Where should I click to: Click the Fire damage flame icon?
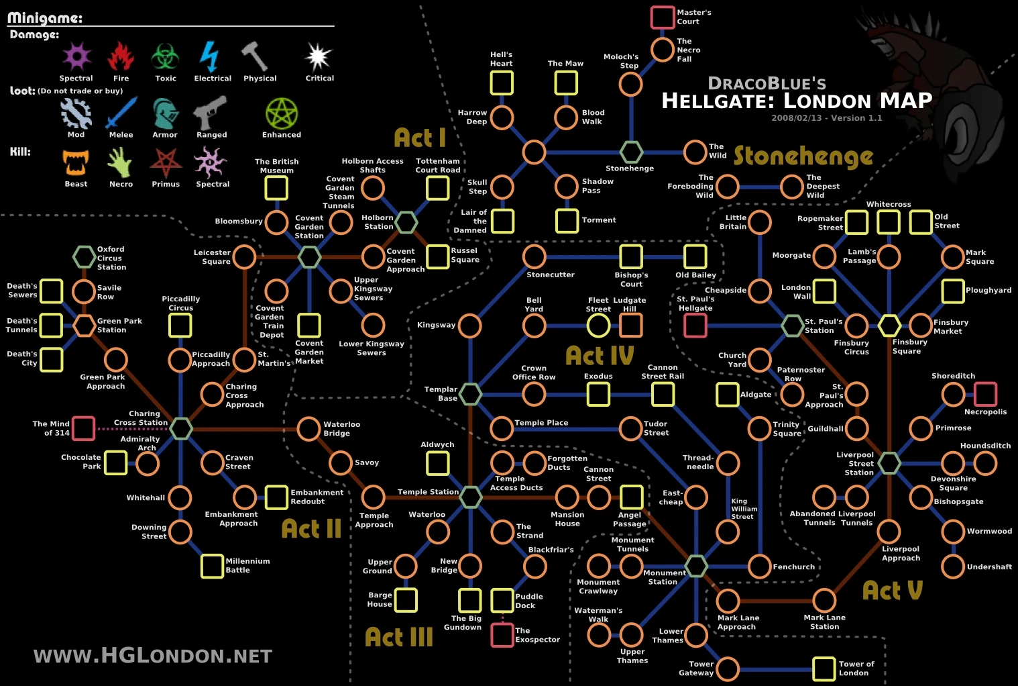[121, 56]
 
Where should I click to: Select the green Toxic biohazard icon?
[165, 56]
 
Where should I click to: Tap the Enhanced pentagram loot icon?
[282, 113]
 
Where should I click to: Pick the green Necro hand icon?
[121, 162]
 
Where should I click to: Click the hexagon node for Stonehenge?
[631, 152]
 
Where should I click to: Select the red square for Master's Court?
[663, 17]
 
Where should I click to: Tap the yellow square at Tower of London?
[824, 669]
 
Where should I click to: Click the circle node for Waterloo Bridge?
[308, 428]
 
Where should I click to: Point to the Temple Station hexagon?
[470, 497]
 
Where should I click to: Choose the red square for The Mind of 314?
[83, 428]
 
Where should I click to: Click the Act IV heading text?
[600, 355]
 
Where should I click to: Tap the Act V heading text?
[892, 591]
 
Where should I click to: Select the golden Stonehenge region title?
[803, 156]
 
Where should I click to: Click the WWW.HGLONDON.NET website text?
[153, 656]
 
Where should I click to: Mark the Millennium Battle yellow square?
[212, 566]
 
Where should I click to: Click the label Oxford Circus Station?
[111, 258]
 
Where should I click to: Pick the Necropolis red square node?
[985, 394]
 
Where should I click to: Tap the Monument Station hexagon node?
[695, 566]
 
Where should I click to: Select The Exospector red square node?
[502, 634]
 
